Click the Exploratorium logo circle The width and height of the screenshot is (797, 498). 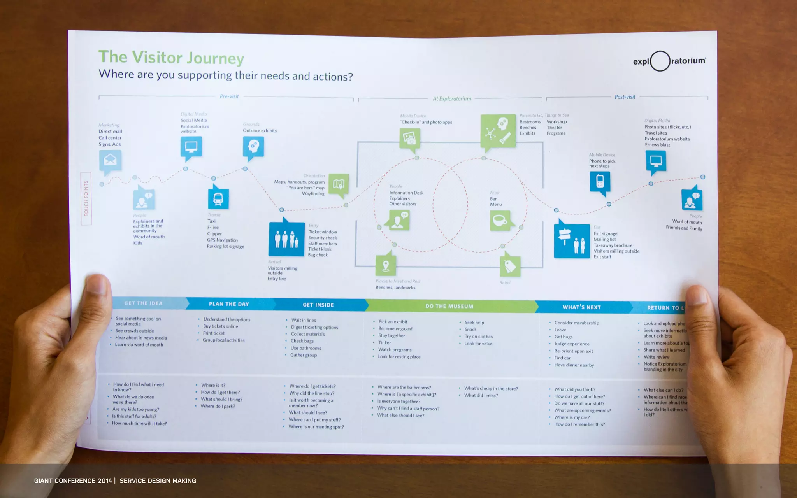click(660, 61)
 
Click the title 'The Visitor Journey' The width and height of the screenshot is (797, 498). click(171, 58)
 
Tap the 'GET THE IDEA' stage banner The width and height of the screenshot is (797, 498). click(143, 303)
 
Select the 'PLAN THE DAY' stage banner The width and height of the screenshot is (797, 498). click(229, 304)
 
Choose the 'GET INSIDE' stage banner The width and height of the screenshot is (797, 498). click(318, 305)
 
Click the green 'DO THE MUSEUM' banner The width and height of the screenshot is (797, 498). click(449, 306)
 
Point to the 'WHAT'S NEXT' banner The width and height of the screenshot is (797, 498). click(581, 307)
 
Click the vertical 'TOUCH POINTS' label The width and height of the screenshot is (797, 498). click(86, 198)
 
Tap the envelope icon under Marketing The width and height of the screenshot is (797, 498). click(110, 160)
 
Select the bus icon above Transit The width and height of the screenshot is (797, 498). click(218, 199)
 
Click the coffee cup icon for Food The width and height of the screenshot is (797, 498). click(500, 220)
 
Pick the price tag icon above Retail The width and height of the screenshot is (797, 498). click(510, 266)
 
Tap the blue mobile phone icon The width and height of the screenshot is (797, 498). click(600, 181)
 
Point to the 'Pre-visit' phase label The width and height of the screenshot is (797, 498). click(229, 96)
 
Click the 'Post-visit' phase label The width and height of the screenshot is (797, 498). click(625, 97)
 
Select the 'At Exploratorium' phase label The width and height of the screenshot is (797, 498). click(452, 99)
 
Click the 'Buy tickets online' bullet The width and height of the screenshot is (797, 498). click(220, 326)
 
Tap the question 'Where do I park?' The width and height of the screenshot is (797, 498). click(218, 406)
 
